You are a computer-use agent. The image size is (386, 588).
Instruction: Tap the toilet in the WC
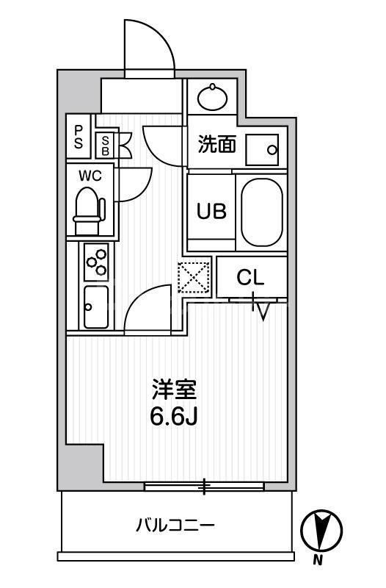point(89,208)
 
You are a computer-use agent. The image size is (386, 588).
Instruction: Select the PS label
point(78,137)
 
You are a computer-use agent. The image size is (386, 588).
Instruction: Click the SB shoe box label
point(106,144)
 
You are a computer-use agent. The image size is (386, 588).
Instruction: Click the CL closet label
point(250,279)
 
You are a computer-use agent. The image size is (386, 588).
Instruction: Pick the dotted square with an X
point(194,279)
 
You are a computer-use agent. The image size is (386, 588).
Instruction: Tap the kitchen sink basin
point(96,307)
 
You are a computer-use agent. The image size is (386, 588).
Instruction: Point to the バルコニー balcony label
point(175,526)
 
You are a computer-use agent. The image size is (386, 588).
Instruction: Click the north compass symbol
point(321,529)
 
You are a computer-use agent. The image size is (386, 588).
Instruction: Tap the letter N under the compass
point(318,562)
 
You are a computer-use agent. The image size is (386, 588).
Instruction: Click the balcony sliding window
point(204,486)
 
